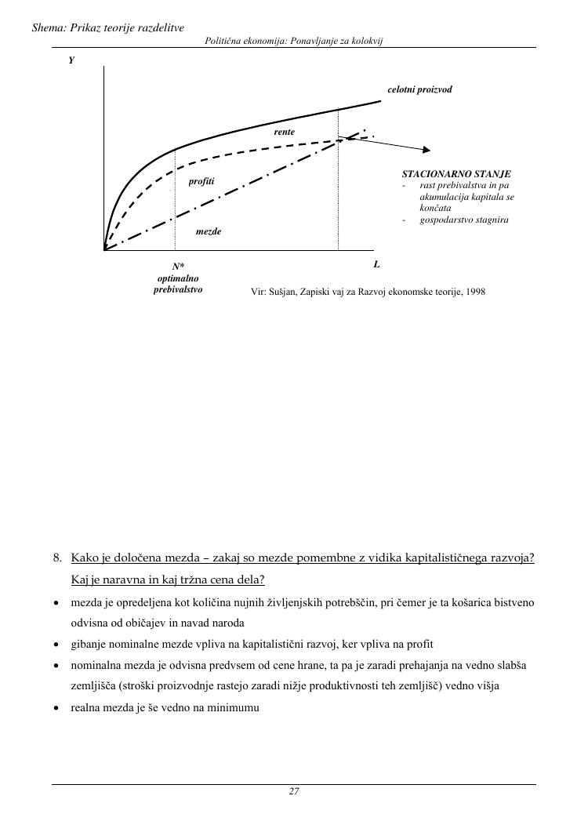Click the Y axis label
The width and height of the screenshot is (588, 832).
tap(71, 60)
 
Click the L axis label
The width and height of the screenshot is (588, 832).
tap(376, 264)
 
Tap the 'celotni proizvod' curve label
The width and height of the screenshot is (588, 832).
tap(419, 89)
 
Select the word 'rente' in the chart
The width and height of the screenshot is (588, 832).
tap(284, 132)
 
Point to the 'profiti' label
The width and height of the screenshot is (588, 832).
tap(201, 181)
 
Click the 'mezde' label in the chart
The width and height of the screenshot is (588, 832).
tap(209, 232)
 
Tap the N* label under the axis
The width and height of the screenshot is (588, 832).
tap(179, 267)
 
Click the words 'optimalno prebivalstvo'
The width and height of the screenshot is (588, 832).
tap(178, 284)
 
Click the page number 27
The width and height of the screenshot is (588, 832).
tap(294, 791)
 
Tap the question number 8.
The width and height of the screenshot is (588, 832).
tap(57, 558)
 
